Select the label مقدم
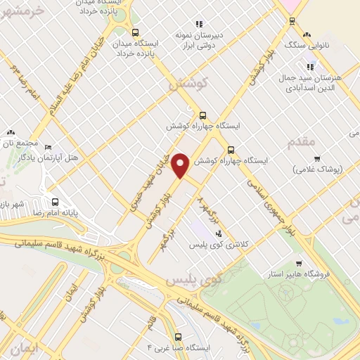[304, 142]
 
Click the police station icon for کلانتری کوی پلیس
[219, 233]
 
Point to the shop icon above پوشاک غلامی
[317, 158]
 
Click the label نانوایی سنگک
[327, 45]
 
